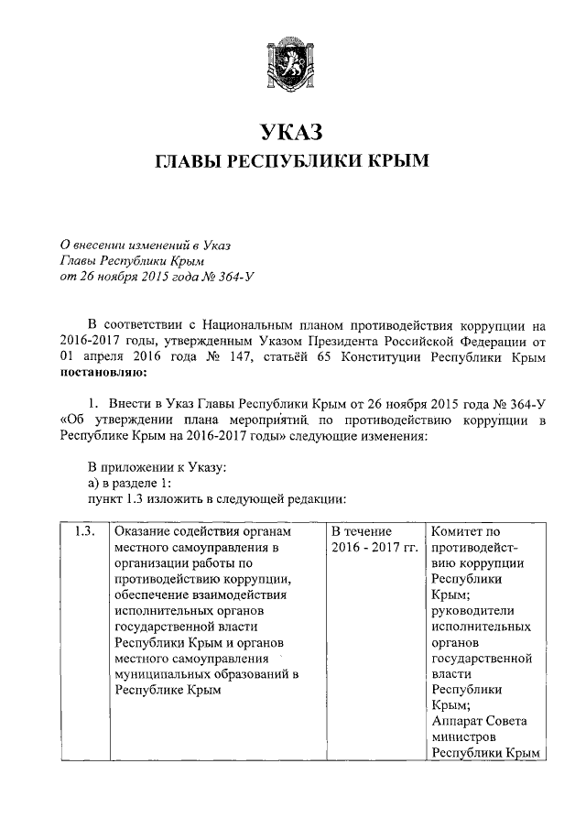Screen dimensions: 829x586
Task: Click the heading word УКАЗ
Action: pyautogui.click(x=292, y=132)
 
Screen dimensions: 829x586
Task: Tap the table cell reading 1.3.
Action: pyautogui.click(x=83, y=531)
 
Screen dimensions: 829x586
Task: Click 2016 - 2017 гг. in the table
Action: pyautogui.click(x=374, y=548)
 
